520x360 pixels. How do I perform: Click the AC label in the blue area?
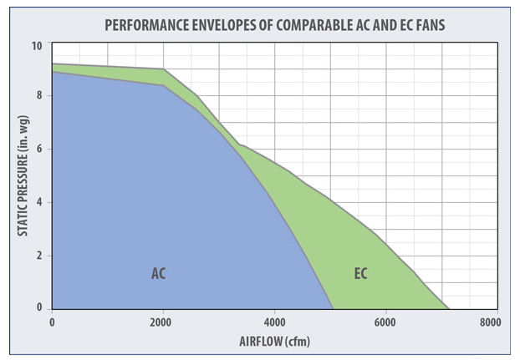pyautogui.click(x=158, y=273)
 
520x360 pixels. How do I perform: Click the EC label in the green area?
pyautogui.click(x=360, y=273)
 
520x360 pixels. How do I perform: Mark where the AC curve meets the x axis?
pyautogui.click(x=333, y=307)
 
